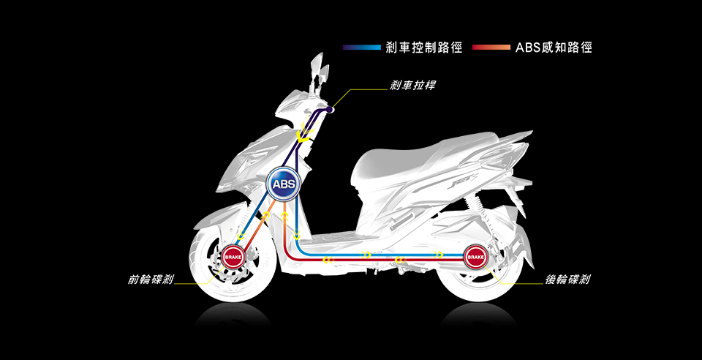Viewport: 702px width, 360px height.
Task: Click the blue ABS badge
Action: [282, 183]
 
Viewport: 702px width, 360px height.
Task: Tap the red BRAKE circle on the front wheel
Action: [233, 257]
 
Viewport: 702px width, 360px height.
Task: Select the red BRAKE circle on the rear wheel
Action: [475, 257]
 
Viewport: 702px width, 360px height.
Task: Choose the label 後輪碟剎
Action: [568, 280]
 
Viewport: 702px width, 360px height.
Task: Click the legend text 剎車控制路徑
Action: [424, 48]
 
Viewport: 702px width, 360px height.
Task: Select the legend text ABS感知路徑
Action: [554, 48]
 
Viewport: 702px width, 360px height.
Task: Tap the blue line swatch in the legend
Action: [362, 48]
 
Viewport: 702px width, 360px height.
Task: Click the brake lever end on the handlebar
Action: [331, 109]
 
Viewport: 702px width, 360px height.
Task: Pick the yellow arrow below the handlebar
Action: [303, 135]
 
